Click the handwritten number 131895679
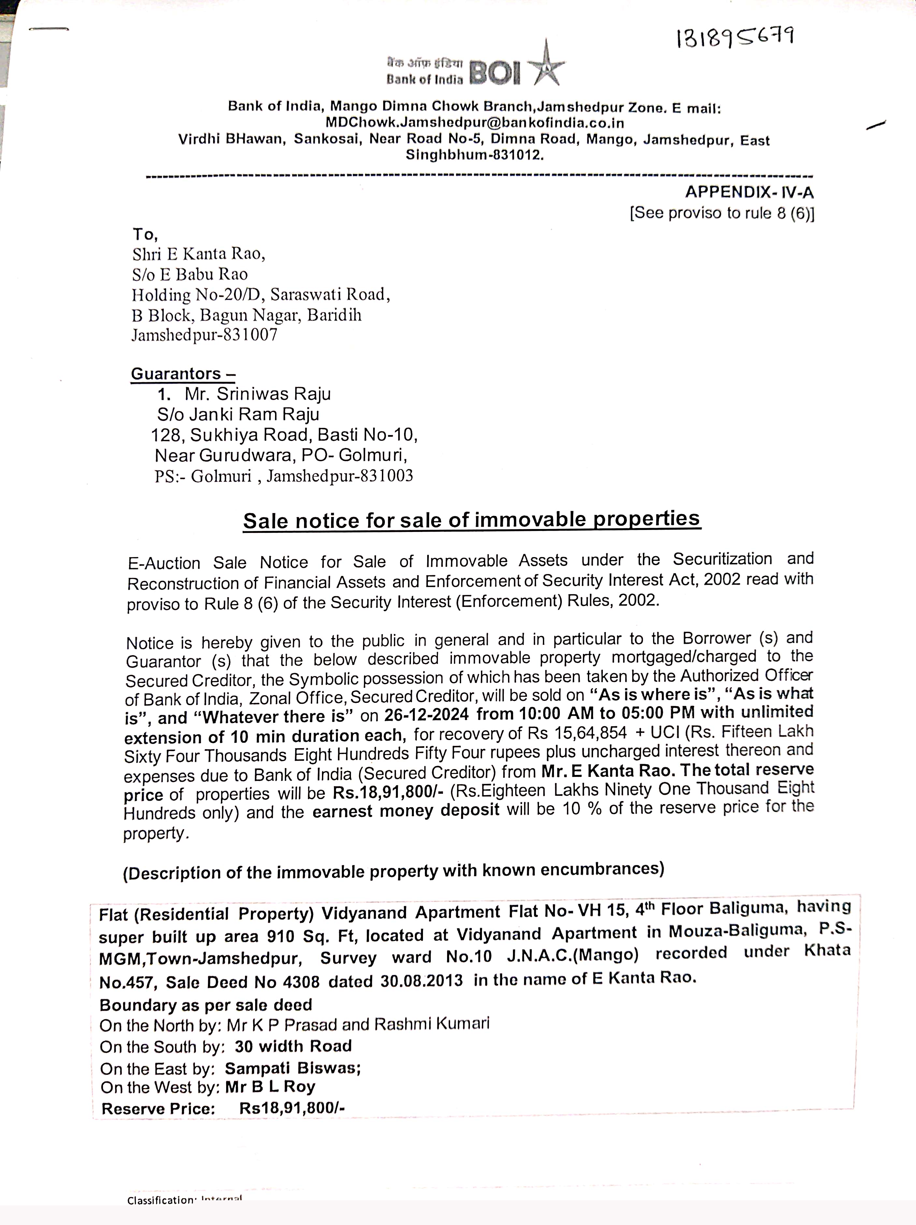735,38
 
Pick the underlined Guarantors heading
183,374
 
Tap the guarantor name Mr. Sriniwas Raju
257,394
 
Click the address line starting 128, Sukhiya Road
284,435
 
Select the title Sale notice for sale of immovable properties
472,520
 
